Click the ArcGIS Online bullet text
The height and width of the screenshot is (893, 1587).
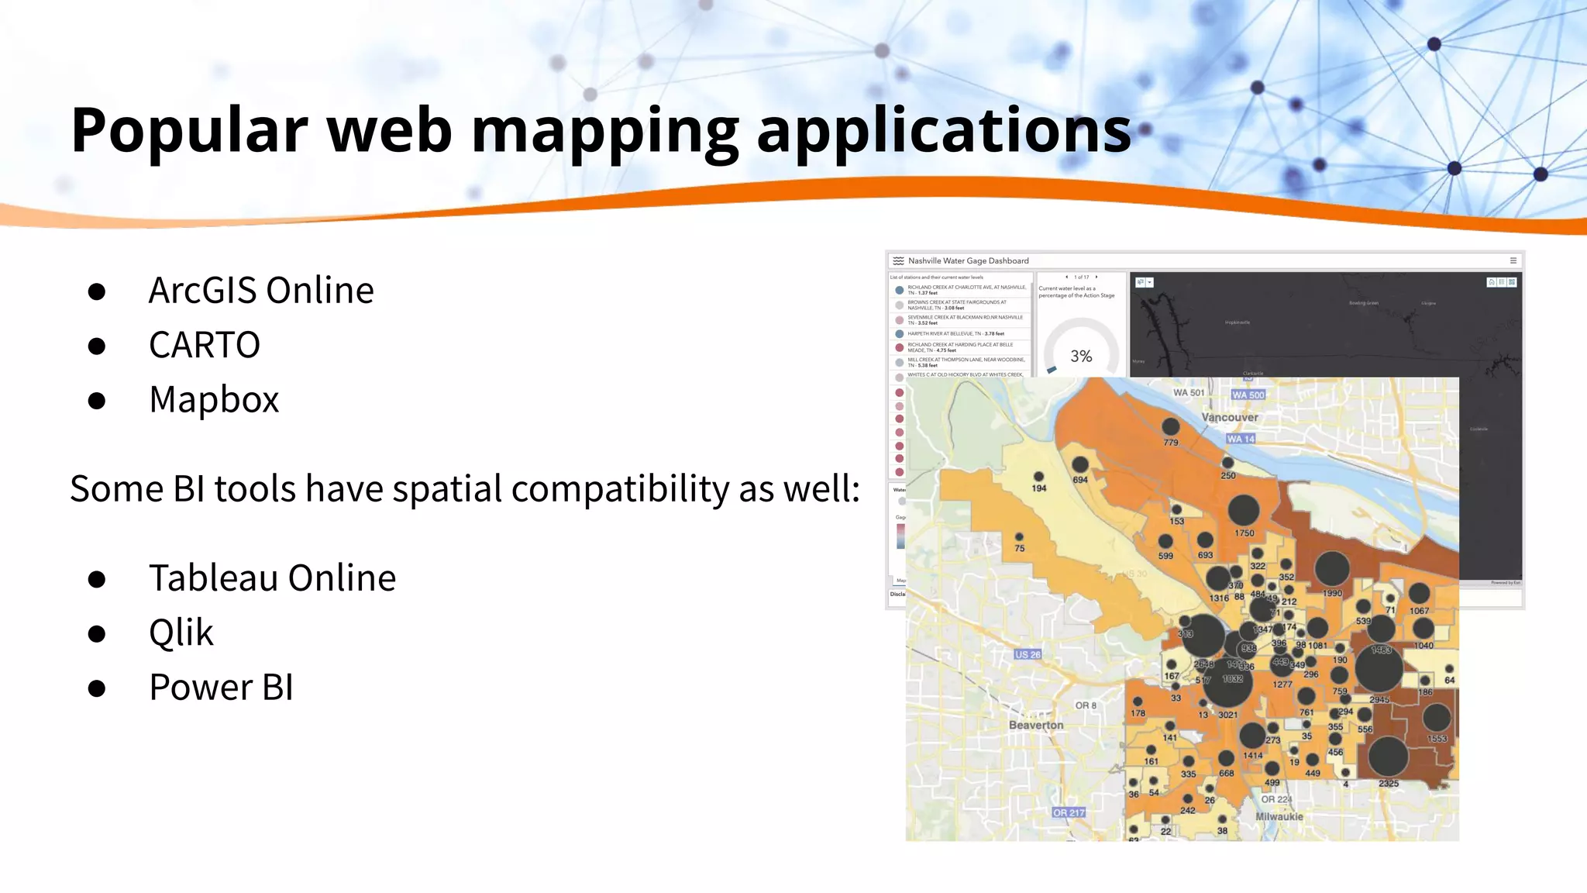261,291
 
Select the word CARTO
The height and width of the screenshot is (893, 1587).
204,345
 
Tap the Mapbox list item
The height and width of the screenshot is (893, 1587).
214,400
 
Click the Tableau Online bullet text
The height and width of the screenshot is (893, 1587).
272,578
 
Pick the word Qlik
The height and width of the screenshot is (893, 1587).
181,633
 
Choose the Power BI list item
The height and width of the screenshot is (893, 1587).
221,688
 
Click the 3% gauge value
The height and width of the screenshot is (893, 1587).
1081,357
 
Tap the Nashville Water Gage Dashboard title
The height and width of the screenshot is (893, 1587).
968,261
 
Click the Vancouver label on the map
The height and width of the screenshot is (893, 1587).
1229,417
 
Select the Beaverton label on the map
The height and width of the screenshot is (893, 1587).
1035,726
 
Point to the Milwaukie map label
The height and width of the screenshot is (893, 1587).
1279,816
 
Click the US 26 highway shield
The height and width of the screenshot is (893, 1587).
1028,654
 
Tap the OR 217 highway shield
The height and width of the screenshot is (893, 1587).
1069,812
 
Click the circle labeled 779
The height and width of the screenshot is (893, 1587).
1170,426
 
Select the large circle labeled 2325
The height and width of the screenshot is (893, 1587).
1388,757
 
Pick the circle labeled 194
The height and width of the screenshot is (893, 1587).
1038,477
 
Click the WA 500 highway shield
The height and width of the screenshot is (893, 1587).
1248,395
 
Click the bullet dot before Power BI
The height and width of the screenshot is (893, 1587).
97,688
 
